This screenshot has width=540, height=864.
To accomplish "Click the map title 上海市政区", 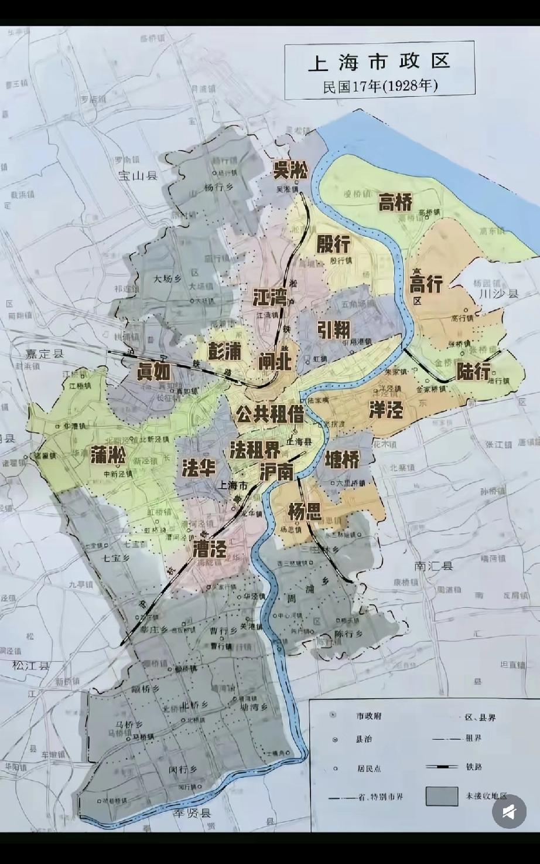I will [x=379, y=62].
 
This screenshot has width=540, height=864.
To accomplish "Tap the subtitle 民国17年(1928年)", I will [x=380, y=86].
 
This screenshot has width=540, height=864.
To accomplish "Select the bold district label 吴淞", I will [x=290, y=170].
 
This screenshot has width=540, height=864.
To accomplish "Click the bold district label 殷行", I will [x=333, y=243].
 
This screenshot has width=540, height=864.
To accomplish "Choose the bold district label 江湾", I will [x=269, y=297].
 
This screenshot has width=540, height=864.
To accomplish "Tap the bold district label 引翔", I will [x=334, y=329].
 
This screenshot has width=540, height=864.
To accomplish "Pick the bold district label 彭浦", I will [x=225, y=351].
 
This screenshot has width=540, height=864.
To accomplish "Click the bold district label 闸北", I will [x=275, y=362].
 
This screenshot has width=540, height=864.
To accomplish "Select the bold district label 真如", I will [x=153, y=372].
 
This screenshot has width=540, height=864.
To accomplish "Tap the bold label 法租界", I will [x=255, y=450].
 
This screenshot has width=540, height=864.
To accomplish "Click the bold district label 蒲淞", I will [x=109, y=455].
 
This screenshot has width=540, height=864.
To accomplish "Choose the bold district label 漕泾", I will [x=210, y=549].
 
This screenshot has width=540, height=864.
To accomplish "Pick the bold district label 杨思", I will [x=305, y=512].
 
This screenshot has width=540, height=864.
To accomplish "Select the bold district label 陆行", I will [x=473, y=370].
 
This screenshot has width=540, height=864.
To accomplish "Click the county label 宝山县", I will [x=138, y=175].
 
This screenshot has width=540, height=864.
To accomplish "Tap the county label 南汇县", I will [x=433, y=566].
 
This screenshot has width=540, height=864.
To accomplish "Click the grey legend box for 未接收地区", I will [x=442, y=796].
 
